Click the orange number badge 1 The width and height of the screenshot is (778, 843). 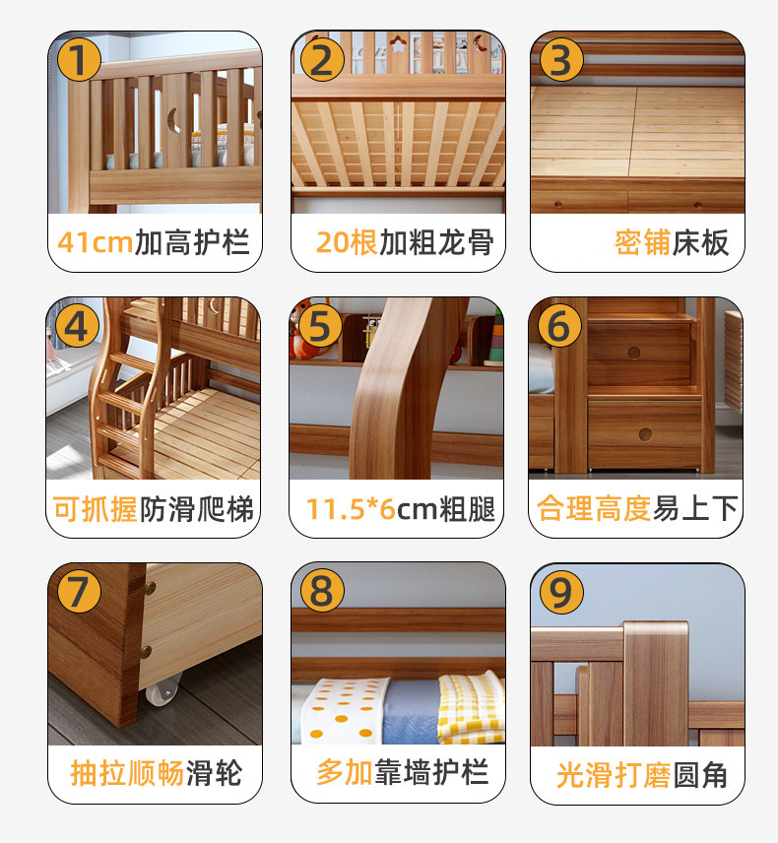(x=79, y=59)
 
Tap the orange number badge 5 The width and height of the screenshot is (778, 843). (x=320, y=326)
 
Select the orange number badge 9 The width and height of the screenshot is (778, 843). (x=561, y=593)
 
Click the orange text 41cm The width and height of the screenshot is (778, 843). (x=96, y=242)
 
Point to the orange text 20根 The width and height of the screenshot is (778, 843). (x=347, y=242)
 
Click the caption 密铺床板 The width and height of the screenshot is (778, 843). (x=672, y=242)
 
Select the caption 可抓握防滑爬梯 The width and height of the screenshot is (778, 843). (x=154, y=508)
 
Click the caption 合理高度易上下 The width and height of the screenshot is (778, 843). (x=637, y=508)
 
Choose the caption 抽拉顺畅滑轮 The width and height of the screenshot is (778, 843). (x=156, y=774)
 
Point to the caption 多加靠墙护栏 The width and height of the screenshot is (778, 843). (x=403, y=772)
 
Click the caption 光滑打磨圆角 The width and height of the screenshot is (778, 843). (x=642, y=775)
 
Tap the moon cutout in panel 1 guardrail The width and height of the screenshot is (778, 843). (x=173, y=120)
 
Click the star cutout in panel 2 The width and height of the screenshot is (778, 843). (x=398, y=44)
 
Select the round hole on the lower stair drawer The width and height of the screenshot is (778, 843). (x=645, y=434)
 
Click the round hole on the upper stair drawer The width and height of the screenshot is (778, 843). (x=634, y=353)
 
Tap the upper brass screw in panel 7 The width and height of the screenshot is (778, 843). (x=150, y=589)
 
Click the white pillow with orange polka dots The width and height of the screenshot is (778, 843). (x=344, y=711)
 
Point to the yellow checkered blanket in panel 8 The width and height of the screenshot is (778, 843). (x=471, y=708)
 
